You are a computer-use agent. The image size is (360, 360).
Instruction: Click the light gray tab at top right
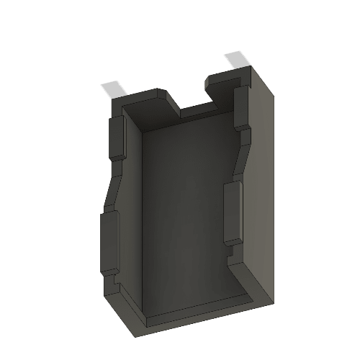(237, 60)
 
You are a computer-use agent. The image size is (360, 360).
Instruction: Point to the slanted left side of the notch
(173, 102)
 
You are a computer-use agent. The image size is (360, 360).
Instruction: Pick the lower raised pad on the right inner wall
(233, 212)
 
